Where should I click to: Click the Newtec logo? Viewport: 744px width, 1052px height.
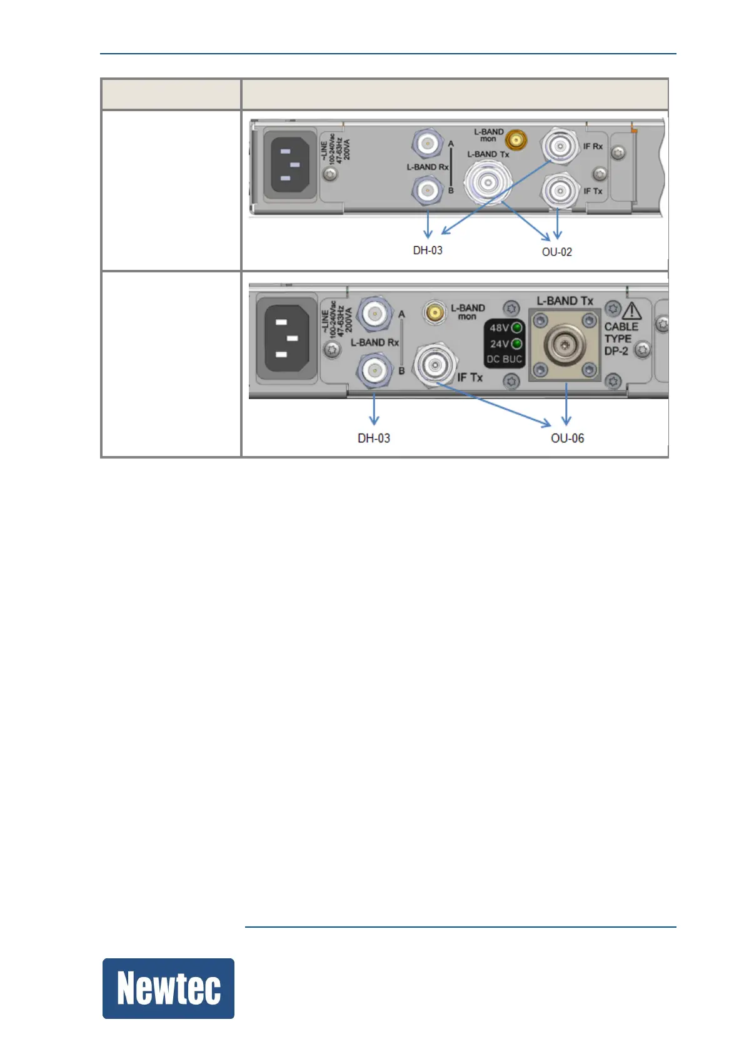click(x=168, y=988)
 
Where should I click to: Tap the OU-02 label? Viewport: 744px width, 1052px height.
click(x=556, y=252)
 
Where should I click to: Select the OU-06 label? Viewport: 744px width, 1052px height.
click(x=567, y=438)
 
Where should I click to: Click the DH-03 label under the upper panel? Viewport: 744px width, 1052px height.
click(x=428, y=250)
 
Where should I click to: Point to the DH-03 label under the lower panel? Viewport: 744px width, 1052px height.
click(x=374, y=438)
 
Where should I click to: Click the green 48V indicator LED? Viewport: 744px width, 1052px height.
click(x=516, y=328)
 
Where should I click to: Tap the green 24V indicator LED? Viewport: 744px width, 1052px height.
click(x=516, y=344)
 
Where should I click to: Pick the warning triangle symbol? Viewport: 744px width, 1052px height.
click(x=631, y=310)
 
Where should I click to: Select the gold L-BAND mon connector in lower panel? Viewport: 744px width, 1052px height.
click(x=435, y=312)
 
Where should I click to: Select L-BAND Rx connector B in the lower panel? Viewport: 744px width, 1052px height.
click(x=375, y=371)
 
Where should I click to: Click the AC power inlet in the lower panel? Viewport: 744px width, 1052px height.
click(x=284, y=339)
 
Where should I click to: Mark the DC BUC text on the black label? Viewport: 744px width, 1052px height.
click(x=504, y=359)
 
